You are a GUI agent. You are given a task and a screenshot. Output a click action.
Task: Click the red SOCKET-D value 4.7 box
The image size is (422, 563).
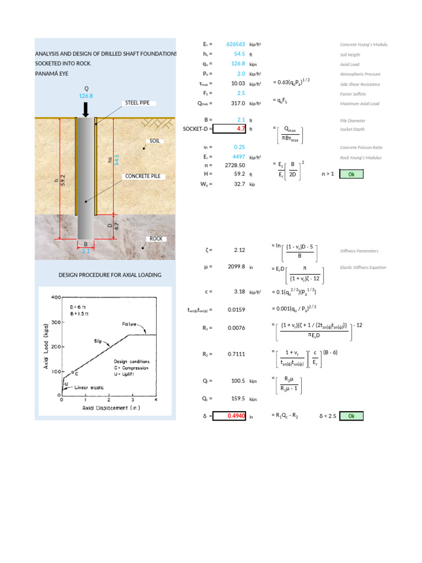[x=229, y=129]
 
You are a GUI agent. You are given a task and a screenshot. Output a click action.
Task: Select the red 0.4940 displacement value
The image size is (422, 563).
[x=229, y=416]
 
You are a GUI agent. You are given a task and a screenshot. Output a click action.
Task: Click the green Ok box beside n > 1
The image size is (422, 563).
[x=352, y=174]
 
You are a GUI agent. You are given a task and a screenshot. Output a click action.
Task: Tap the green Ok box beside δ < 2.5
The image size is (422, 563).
[x=352, y=416]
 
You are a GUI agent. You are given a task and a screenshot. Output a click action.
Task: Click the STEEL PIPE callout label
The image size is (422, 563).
[x=138, y=103]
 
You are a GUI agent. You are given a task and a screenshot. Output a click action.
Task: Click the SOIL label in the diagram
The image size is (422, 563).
[x=154, y=141]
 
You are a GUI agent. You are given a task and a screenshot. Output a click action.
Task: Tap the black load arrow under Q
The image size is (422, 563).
[x=86, y=109]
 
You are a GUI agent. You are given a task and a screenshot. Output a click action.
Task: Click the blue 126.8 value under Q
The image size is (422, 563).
[x=86, y=96]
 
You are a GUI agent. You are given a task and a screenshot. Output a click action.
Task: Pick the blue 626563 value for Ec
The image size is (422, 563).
[x=236, y=44]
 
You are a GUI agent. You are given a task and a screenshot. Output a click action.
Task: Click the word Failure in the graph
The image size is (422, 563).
[x=130, y=324]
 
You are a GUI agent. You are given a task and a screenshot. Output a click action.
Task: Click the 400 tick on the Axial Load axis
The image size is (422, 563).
[x=55, y=297]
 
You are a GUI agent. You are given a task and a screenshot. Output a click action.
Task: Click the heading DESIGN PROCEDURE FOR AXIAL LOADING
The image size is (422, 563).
[x=110, y=275]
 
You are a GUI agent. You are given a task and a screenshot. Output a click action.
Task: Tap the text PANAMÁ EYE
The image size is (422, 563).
[x=52, y=73]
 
